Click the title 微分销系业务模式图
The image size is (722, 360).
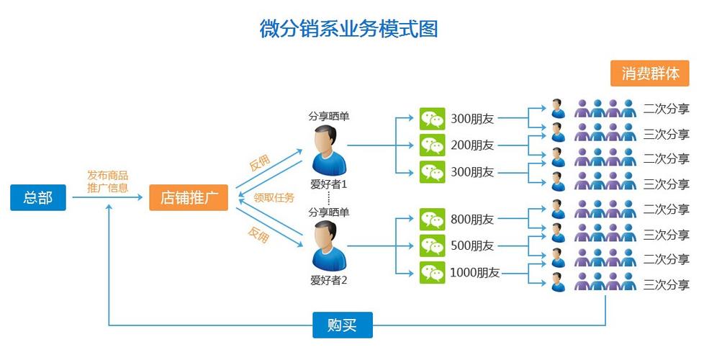point(348,29)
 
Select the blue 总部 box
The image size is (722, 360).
point(38,197)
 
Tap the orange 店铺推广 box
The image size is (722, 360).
point(189,197)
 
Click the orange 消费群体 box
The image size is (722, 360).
point(650,73)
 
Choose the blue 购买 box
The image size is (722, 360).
point(342,325)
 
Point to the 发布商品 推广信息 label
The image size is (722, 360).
point(108,181)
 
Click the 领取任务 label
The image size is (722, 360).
point(274,197)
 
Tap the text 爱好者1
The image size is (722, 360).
point(329,184)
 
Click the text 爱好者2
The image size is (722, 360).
point(329,280)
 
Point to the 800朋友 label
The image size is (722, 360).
point(472,219)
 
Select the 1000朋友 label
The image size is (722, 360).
point(475,273)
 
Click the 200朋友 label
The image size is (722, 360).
point(472,145)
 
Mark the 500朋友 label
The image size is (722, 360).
point(472,246)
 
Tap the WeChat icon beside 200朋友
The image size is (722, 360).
point(433,145)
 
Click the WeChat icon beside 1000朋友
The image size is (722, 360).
point(433,273)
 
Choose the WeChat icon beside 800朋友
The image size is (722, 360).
point(433,219)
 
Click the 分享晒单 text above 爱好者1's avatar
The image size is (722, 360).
point(329,116)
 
